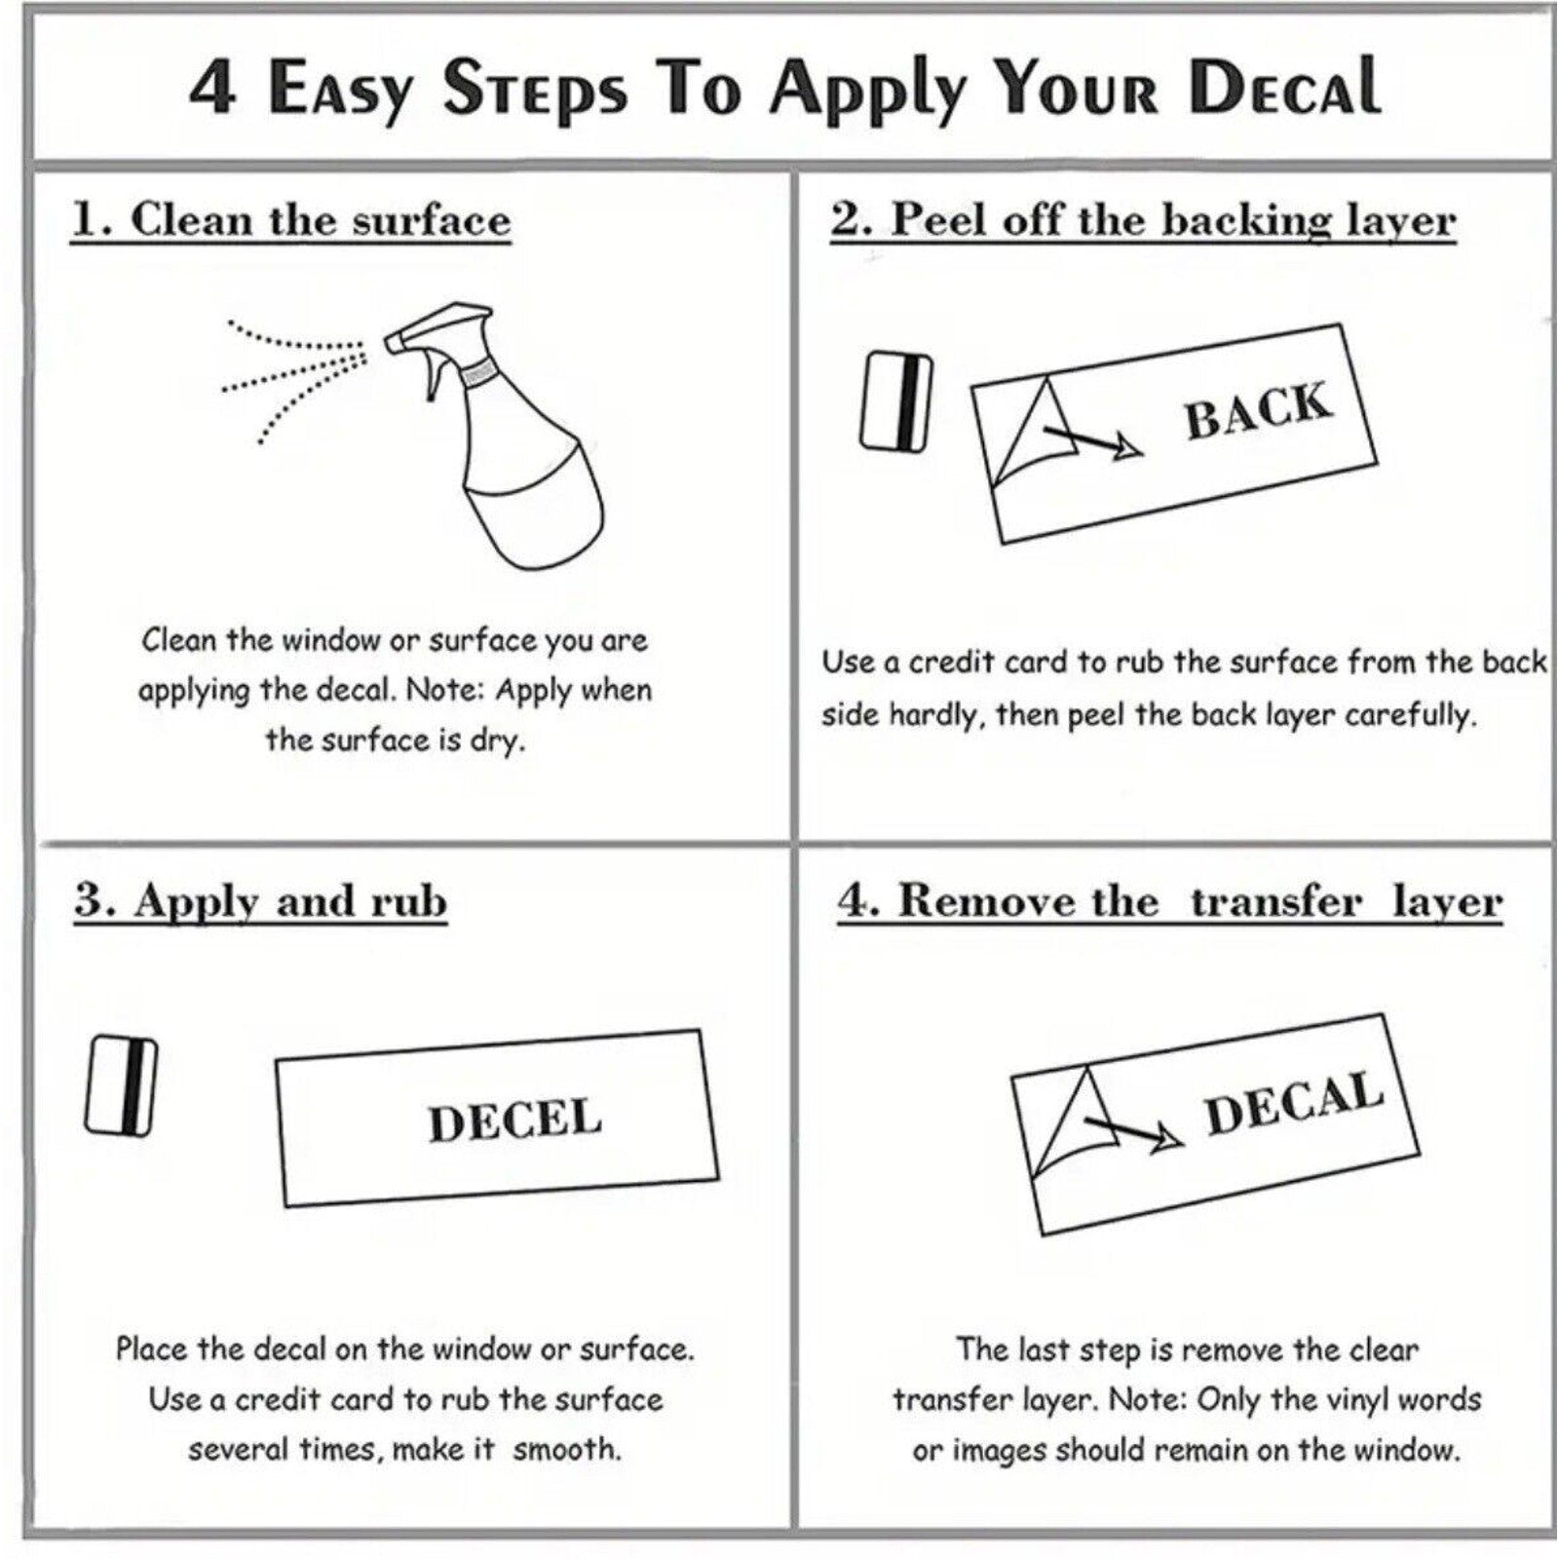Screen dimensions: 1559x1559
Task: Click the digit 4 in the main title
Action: [212, 89]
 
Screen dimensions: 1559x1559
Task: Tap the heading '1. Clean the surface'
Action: [290, 220]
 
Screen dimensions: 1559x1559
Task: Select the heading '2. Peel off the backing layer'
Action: [1143, 220]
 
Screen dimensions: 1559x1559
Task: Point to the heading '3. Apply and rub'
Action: [260, 901]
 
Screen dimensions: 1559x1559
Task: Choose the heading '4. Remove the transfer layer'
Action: [1169, 901]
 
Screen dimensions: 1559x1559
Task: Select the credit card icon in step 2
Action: [895, 400]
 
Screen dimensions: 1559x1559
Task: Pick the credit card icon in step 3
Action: [122, 1086]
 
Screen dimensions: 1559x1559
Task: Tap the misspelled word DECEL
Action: [514, 1120]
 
